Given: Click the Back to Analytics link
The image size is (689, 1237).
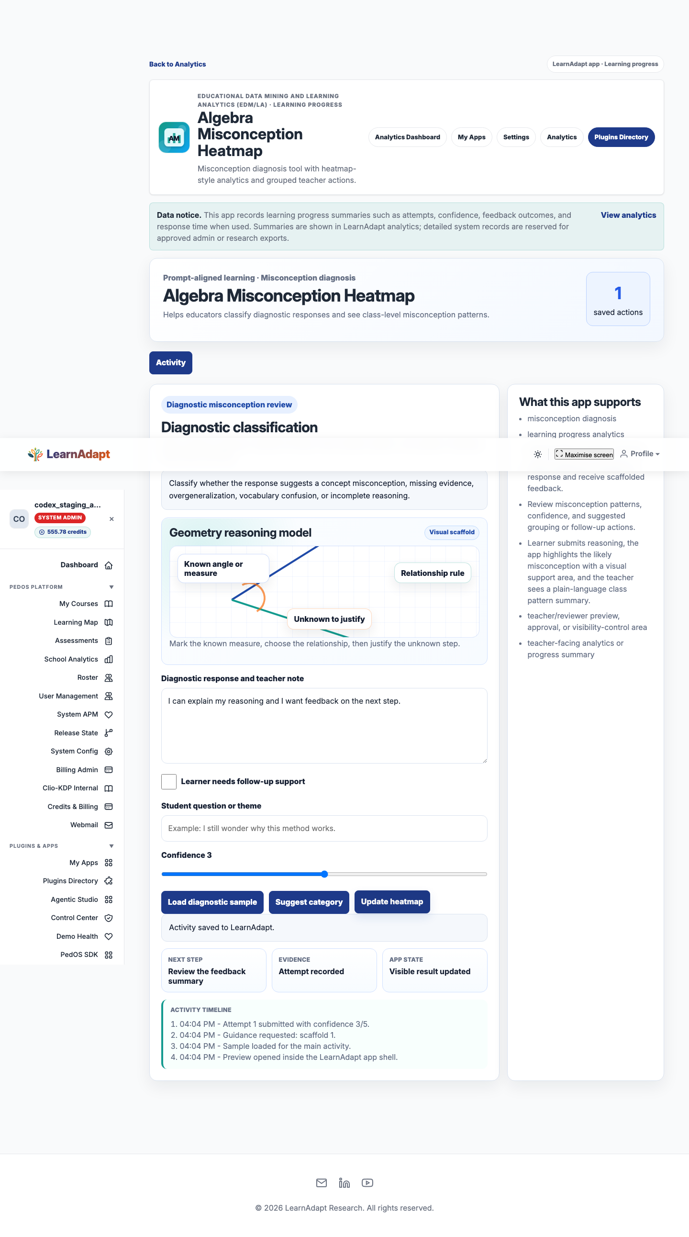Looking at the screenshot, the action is pyautogui.click(x=178, y=64).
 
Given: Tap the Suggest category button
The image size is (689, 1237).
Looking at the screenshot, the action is pyautogui.click(x=309, y=902).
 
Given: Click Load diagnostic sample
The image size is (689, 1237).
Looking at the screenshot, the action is pyautogui.click(x=212, y=902).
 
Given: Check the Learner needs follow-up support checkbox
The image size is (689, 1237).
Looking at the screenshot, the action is pyautogui.click(x=169, y=781).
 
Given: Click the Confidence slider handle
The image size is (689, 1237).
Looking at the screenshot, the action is pyautogui.click(x=324, y=874).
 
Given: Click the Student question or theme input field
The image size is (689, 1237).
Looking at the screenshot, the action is pyautogui.click(x=324, y=828).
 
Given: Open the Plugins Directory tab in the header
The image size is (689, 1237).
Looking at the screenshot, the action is pyautogui.click(x=621, y=137).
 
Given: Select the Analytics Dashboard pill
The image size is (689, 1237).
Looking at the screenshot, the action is pyautogui.click(x=407, y=137).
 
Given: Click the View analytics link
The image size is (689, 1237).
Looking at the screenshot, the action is pyautogui.click(x=628, y=215).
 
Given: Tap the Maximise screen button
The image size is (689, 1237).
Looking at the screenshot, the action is pyautogui.click(x=584, y=454).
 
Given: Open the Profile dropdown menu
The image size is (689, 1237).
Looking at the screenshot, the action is pyautogui.click(x=640, y=454).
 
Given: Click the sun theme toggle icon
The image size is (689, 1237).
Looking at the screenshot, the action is pyautogui.click(x=538, y=454).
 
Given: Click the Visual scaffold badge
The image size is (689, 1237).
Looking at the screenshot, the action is pyautogui.click(x=452, y=532).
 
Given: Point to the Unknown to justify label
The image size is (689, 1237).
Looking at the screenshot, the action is pyautogui.click(x=329, y=619).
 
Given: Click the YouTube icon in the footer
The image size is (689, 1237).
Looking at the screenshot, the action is pyautogui.click(x=367, y=1183).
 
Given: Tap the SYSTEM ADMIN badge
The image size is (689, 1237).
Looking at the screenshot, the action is pyautogui.click(x=60, y=517).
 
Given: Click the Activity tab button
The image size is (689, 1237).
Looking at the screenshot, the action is pyautogui.click(x=171, y=362).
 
